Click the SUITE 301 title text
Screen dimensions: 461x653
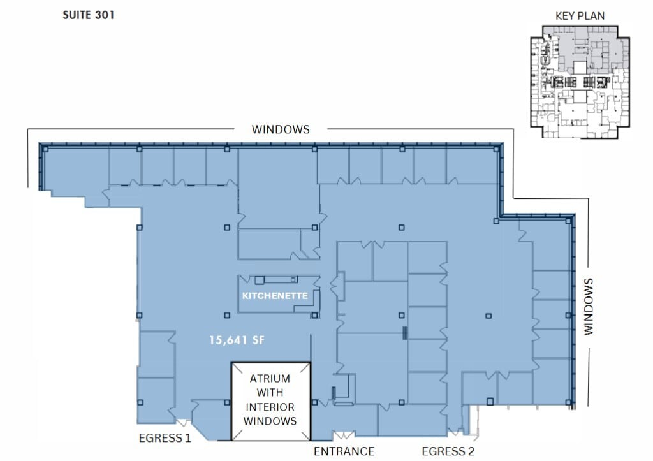point(89,15)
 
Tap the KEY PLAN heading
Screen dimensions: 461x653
point(580,16)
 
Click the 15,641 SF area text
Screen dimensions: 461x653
point(237,340)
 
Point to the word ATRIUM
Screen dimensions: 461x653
point(270,378)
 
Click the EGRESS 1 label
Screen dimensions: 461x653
point(165,438)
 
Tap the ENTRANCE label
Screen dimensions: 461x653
point(344,451)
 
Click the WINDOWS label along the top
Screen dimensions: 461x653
point(281,129)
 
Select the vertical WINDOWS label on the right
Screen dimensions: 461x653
point(587,307)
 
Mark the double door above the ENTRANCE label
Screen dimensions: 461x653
point(344,436)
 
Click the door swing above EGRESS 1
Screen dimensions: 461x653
point(183,422)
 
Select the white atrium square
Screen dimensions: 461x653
point(270,401)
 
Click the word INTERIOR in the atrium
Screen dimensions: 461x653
point(270,407)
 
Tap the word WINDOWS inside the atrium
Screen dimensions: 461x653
point(270,421)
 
